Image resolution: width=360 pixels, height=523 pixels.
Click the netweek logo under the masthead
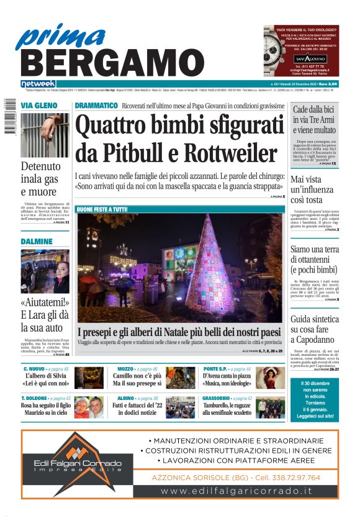[38, 83]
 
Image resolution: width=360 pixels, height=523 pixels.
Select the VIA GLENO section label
[36, 106]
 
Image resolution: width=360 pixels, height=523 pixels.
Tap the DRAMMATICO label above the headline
[96, 106]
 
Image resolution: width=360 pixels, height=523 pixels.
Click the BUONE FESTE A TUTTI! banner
[102, 209]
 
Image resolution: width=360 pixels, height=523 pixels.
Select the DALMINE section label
[36, 240]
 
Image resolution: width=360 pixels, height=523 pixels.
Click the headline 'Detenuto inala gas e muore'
[41, 178]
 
